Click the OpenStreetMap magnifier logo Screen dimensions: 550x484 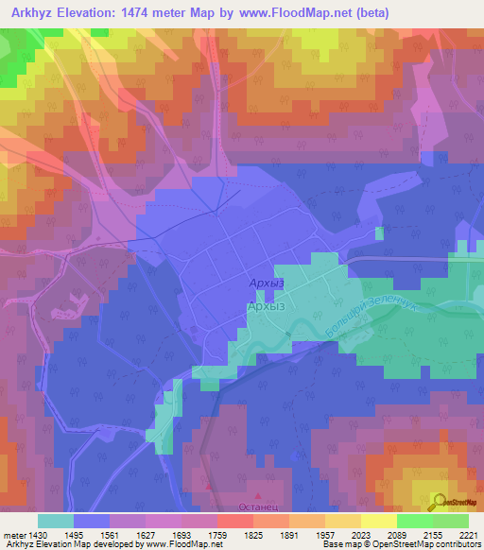point(439,502)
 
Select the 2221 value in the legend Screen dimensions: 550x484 point(468,535)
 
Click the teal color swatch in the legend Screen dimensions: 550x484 point(56,521)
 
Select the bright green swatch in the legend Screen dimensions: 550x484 point(414,521)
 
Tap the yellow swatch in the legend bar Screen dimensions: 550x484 point(378,521)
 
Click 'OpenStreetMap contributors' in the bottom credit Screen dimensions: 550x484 point(426,545)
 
